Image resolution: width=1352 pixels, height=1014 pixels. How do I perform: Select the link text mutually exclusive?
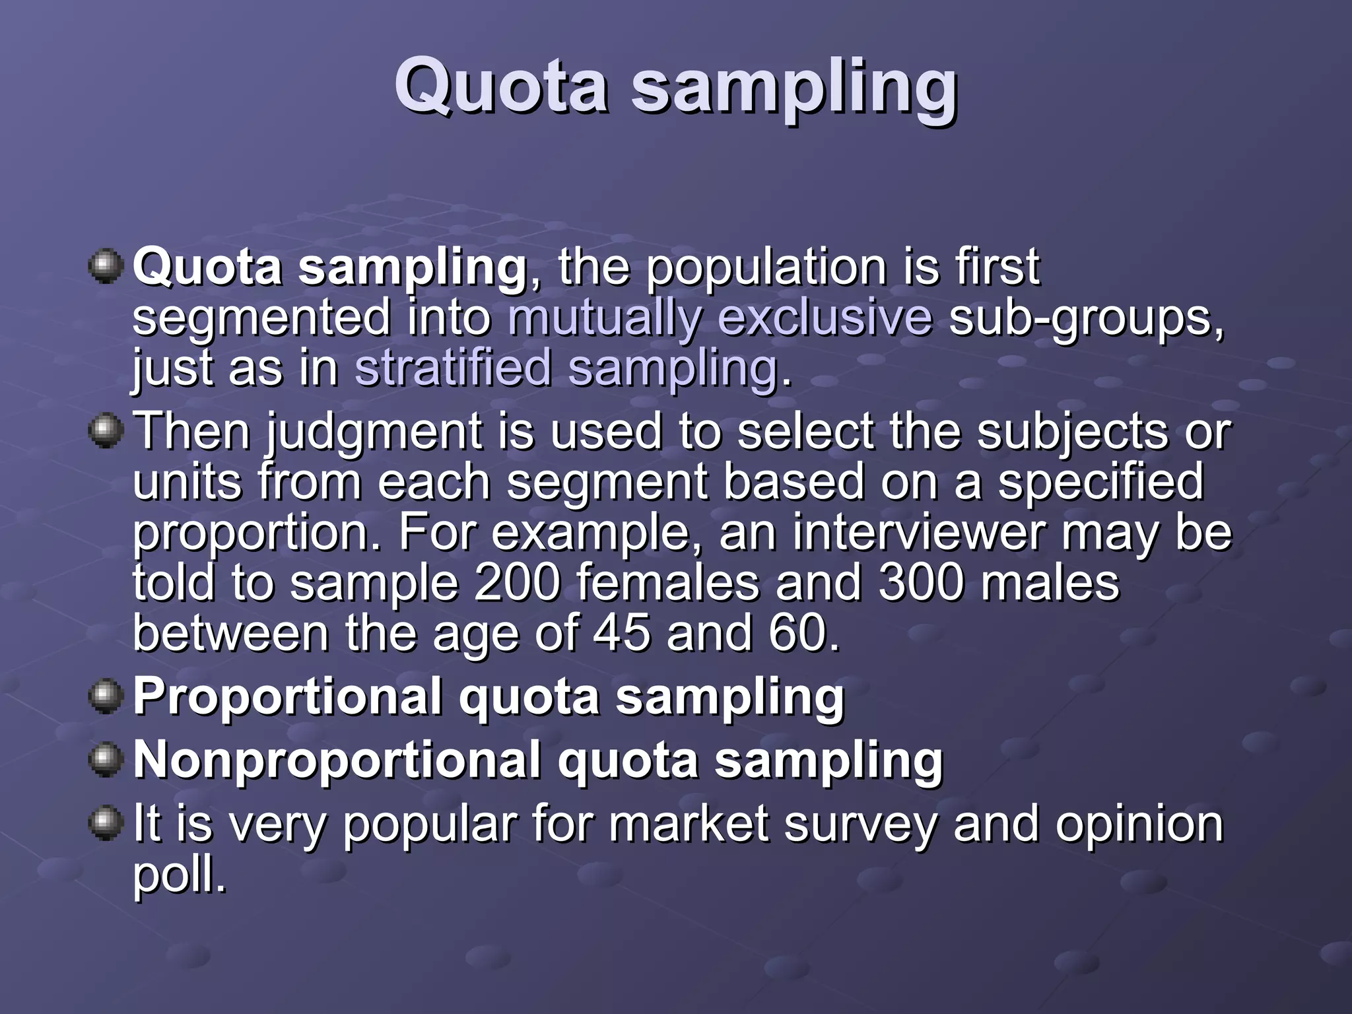pyautogui.click(x=720, y=318)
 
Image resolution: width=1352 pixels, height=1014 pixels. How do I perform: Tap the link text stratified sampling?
pyautogui.click(x=566, y=368)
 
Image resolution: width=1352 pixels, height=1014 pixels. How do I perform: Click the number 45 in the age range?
pyautogui.click(x=621, y=633)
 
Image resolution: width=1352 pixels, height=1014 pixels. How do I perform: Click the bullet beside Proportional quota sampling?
pyautogui.click(x=106, y=697)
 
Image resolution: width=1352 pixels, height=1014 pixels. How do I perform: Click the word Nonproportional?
pyautogui.click(x=337, y=760)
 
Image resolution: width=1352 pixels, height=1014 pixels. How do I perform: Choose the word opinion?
pyautogui.click(x=1139, y=825)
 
